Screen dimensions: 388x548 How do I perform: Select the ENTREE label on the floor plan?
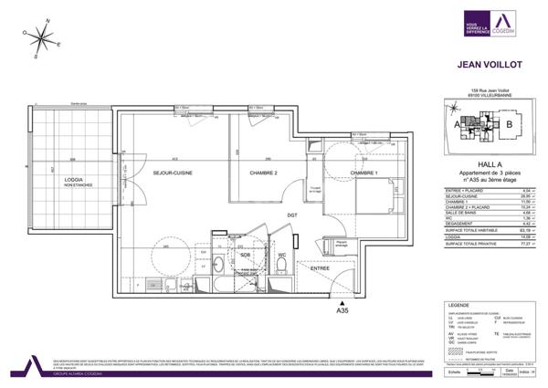click(319, 269)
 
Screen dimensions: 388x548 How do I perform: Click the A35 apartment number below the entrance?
click(342, 311)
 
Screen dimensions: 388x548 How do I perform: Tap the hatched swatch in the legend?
click(453, 350)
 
